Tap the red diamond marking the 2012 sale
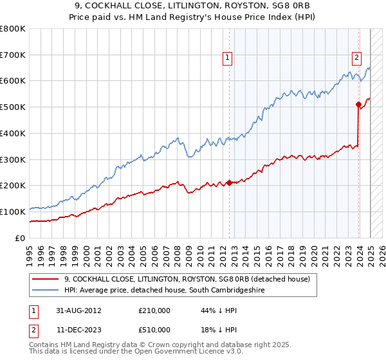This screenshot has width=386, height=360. click(x=230, y=183)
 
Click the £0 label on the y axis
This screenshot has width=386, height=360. click(x=20, y=238)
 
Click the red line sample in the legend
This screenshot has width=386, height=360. click(x=45, y=279)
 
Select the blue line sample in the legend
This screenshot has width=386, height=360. click(x=45, y=291)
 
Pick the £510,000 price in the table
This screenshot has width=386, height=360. click(x=154, y=329)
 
